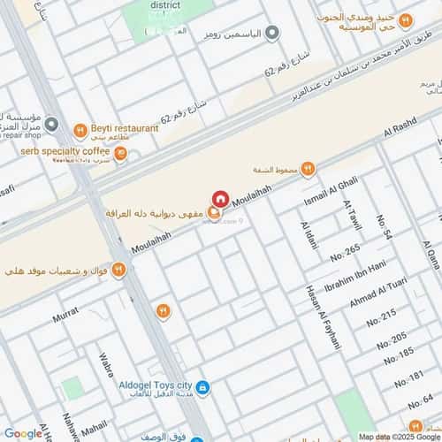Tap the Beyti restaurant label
click(x=123, y=128)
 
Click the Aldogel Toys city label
click(x=155, y=387)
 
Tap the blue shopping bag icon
click(x=203, y=387)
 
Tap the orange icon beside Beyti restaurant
click(x=80, y=129)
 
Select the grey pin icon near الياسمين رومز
click(x=272, y=33)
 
